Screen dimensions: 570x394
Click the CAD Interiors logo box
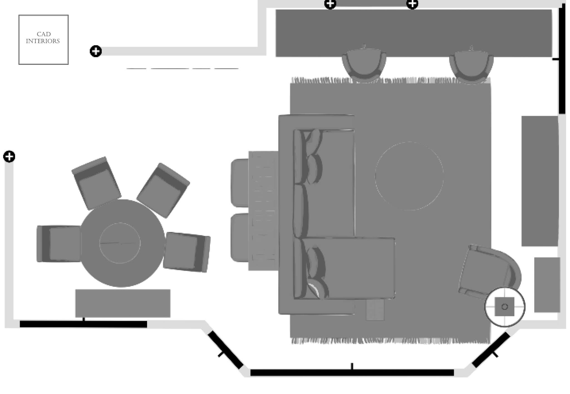pyautogui.click(x=43, y=39)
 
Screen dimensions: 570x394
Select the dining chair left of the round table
pyautogui.click(x=59, y=244)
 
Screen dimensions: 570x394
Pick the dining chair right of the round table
pyautogui.click(x=187, y=252)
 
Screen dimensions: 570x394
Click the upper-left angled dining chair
pyautogui.click(x=96, y=182)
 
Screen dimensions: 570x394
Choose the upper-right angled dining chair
pyautogui.click(x=163, y=190)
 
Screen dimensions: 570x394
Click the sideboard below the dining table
pyautogui.click(x=123, y=303)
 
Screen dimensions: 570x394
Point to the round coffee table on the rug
pyautogui.click(x=409, y=176)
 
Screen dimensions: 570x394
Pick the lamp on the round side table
pyautogui.click(x=505, y=307)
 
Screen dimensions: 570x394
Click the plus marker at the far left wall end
pyautogui.click(x=9, y=157)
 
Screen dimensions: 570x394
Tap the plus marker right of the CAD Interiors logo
pyautogui.click(x=96, y=51)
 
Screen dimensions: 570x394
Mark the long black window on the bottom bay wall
pyautogui.click(x=352, y=373)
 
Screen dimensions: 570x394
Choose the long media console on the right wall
pyautogui.click(x=540, y=181)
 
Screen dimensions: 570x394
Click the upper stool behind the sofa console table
pyautogui.click(x=240, y=183)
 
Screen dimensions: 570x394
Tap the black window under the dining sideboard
pyautogui.click(x=83, y=324)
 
